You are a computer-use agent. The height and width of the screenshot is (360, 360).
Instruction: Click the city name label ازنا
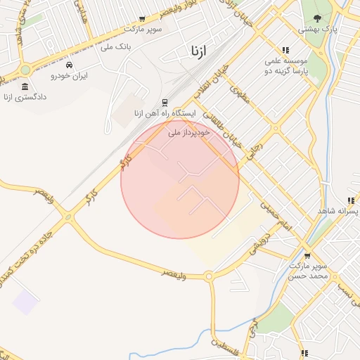tap(198, 51)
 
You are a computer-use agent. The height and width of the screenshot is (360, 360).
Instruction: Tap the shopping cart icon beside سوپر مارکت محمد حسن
tap(307, 255)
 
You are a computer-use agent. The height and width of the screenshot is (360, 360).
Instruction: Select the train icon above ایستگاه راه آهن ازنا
tap(165, 103)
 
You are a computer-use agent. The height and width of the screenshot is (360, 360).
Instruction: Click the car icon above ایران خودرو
tap(68, 64)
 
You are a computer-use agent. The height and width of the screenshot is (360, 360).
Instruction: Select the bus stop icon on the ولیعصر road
tap(164, 279)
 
